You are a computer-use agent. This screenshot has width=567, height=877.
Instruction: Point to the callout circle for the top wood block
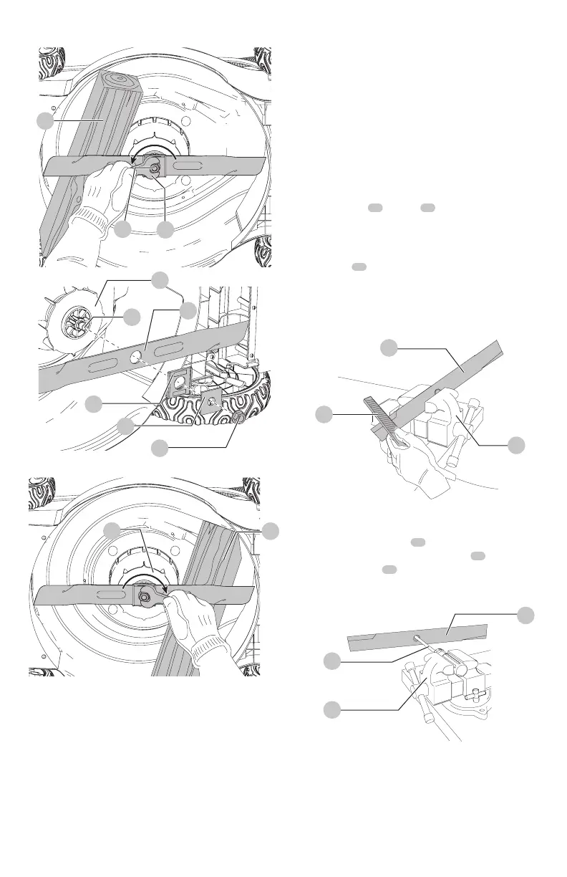[45, 121]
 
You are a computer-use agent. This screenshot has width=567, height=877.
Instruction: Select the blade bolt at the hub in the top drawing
[164, 169]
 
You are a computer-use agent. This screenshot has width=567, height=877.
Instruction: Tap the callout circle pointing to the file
[326, 413]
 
